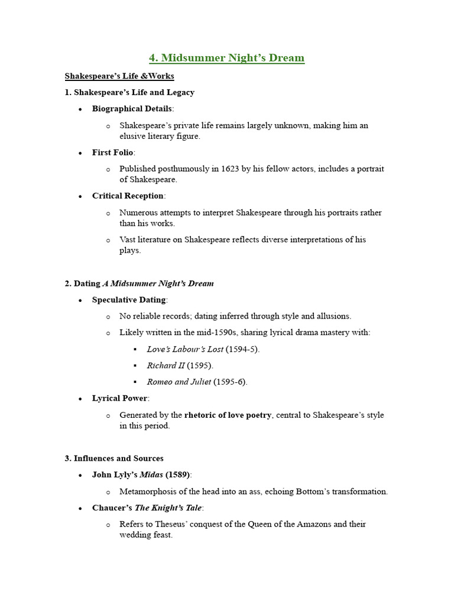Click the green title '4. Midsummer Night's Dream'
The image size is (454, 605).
pos(226,58)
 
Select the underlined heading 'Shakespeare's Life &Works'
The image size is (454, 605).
pos(119,76)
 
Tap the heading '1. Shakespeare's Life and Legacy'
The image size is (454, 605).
pos(129,92)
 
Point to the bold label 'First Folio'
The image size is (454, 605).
pos(112,152)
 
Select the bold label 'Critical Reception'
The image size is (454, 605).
pos(128,196)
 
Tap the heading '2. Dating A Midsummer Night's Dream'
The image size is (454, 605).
pos(139,284)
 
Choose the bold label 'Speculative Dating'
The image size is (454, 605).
pos(128,300)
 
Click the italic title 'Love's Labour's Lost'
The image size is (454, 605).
pos(185,349)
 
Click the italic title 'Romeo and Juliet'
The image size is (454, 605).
pos(179,382)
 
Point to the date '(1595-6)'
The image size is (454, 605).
pos(231,382)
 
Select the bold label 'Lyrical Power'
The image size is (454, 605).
pos(120,399)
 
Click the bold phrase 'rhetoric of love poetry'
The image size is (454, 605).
pos(228,415)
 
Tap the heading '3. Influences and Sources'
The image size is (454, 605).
pos(114,458)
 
